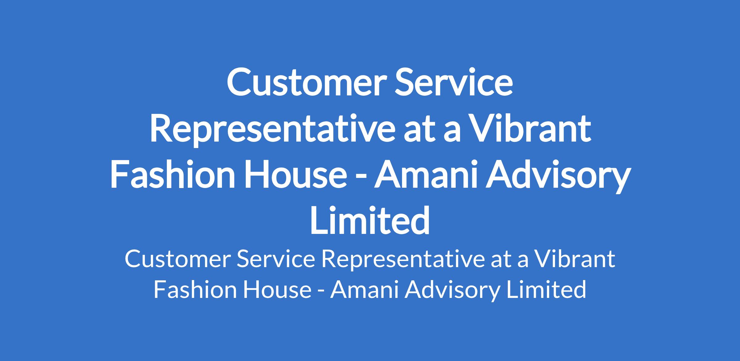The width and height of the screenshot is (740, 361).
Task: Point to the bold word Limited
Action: click(x=370, y=221)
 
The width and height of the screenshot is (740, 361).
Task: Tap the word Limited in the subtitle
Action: click(x=546, y=290)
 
